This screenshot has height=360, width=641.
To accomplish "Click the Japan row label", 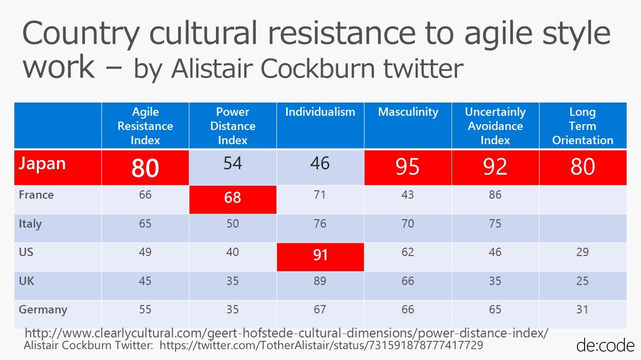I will coord(42,164).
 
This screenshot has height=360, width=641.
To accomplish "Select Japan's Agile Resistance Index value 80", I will coord(145,168).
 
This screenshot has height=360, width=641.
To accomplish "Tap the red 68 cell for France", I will coord(233,198).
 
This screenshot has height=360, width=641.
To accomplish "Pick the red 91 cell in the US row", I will coord(320,256).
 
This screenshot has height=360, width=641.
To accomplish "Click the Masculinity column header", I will coord(408,112).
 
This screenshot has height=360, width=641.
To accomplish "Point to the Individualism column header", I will coord(320,112).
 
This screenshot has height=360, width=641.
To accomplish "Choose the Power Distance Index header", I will coord(233,126).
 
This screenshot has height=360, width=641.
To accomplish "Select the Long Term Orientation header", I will coord(583,126).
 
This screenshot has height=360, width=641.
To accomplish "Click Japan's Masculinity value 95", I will coord(408,167).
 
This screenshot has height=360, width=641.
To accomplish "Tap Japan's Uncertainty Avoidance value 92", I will coord(495,167).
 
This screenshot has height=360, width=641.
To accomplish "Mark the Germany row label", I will coord(43,310).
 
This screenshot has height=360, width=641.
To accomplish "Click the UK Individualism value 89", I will coord(320,281).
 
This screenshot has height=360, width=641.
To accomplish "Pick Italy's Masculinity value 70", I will coord(408,224).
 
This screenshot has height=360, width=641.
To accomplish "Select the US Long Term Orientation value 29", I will coord(583,252).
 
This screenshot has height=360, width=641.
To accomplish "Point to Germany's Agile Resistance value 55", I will coord(145,309).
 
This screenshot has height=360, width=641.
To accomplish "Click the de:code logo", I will coord(605,345).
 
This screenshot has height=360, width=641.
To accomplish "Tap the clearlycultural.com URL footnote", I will coord(286,333).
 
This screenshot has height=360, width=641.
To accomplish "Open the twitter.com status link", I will coord(321,345).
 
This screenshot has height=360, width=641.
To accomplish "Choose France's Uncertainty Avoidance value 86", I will coord(495,195).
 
